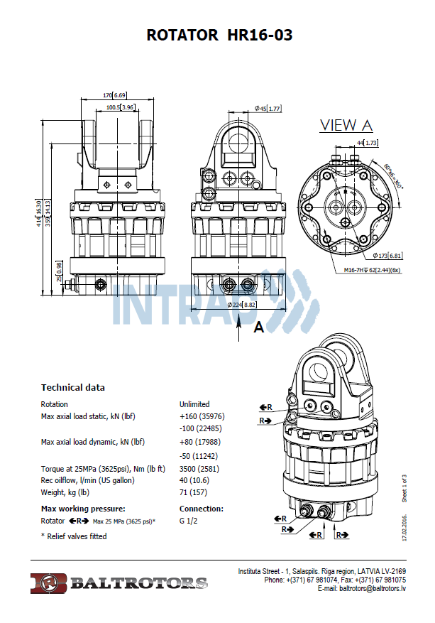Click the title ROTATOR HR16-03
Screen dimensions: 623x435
[219, 36]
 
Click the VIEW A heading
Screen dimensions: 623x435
[346, 125]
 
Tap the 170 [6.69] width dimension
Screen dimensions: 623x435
[114, 95]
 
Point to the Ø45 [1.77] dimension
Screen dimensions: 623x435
[268, 108]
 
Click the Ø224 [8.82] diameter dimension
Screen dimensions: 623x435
[241, 304]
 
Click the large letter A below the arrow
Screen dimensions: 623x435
[259, 327]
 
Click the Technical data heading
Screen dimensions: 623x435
[72, 387]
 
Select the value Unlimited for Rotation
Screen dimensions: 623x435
[194, 404]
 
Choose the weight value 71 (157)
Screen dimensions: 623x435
[193, 492]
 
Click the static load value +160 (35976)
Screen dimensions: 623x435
[203, 416]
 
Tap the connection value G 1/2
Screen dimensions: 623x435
[189, 521]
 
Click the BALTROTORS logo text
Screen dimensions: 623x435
[138, 583]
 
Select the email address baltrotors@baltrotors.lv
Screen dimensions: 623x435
[361, 588]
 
